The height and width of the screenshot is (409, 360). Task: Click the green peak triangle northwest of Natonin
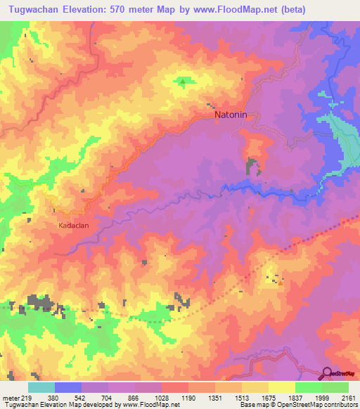183,82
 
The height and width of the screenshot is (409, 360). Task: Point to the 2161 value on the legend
347,397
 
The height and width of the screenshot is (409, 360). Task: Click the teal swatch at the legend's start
41,387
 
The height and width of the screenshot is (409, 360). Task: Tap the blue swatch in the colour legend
67,387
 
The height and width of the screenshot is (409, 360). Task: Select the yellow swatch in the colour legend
281,387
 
